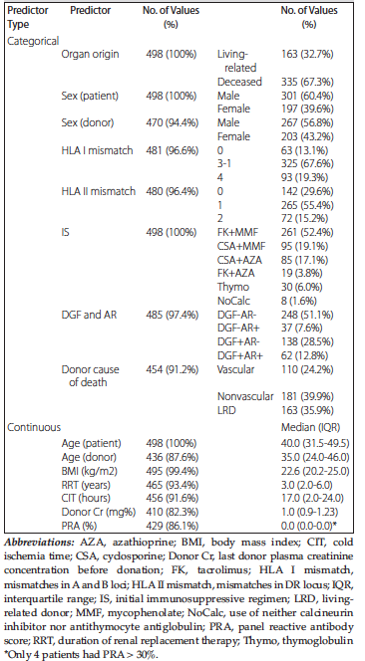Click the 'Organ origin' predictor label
(x=91, y=54)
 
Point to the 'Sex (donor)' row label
(x=87, y=122)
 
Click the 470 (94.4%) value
(x=170, y=122)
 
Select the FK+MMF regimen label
(x=240, y=233)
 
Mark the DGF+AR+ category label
(x=240, y=356)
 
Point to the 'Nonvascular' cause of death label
(x=245, y=396)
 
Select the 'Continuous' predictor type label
(x=34, y=427)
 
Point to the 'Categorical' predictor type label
(x=33, y=41)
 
